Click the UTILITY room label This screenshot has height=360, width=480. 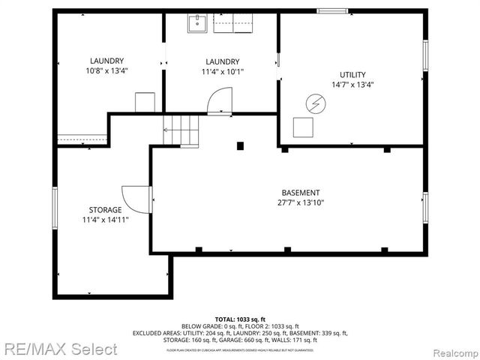coord(352,75)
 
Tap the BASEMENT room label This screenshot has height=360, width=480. coord(300,193)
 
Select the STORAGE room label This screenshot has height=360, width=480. coord(100,210)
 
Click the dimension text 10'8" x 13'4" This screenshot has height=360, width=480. coord(106,72)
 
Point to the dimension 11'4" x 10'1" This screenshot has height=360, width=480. coord(222,72)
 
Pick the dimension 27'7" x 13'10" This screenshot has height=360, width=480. coord(300,202)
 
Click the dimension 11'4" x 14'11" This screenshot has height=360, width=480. coord(100,220)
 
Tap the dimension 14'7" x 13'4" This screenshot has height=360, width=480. coord(352,85)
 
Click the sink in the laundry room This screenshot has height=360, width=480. coord(196,24)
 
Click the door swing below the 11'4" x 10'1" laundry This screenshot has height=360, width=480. coord(220,101)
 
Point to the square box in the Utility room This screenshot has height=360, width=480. coord(304,127)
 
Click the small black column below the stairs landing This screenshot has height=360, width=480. coord(239,145)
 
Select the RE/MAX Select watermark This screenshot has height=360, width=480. coord(59,349)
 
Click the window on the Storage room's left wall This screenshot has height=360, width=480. coord(54,207)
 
